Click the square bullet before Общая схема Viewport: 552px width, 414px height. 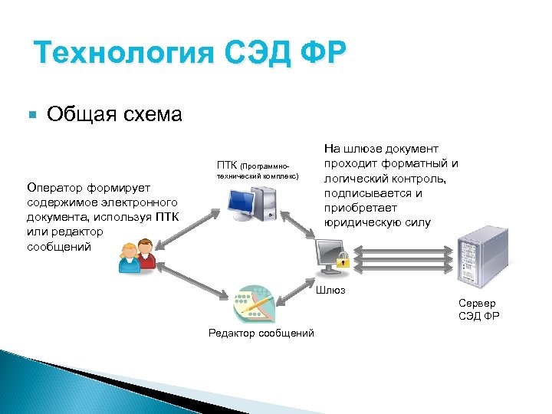(x=31, y=115)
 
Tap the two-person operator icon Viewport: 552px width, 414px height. (x=136, y=256)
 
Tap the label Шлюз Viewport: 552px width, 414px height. (x=331, y=290)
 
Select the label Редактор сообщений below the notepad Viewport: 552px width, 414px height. (x=261, y=333)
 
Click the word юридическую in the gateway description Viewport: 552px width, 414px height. (x=359, y=222)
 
